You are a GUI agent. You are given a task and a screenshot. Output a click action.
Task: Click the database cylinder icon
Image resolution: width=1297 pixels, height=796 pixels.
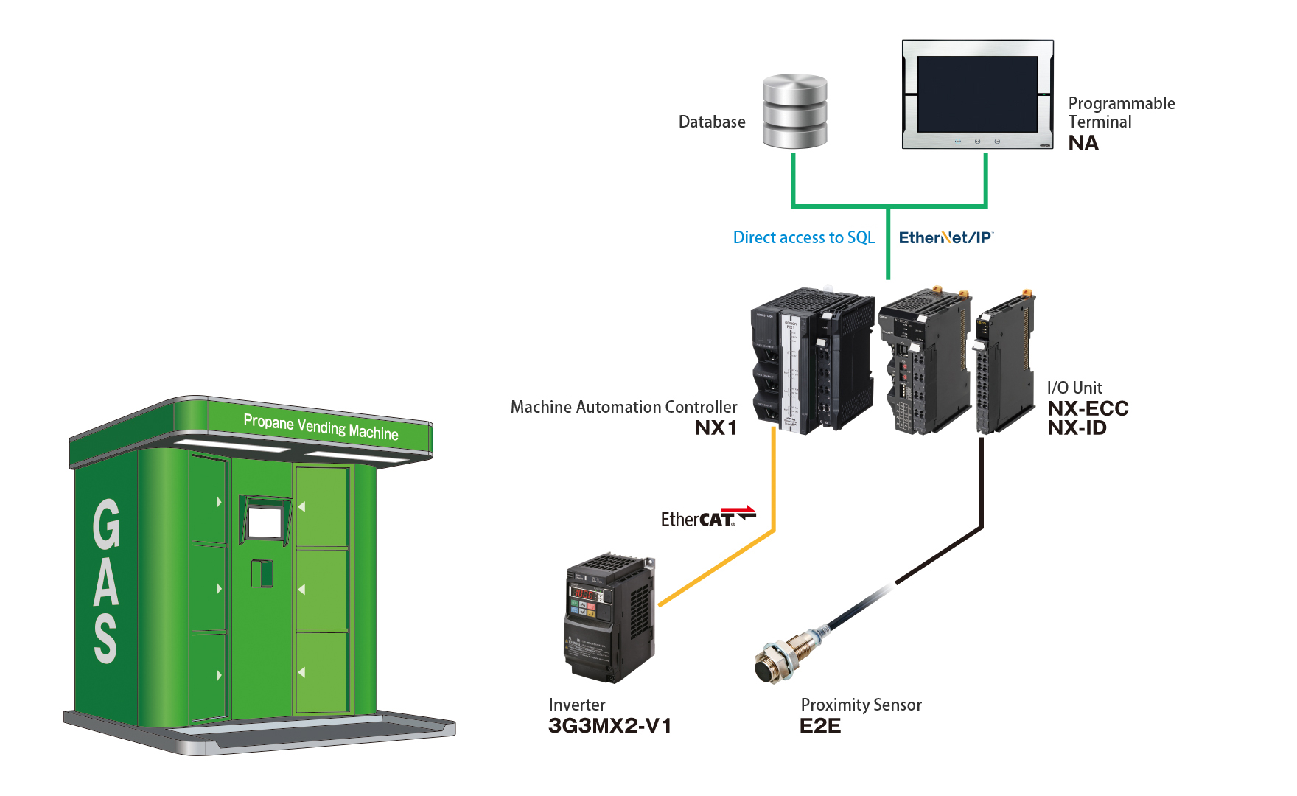(x=794, y=111)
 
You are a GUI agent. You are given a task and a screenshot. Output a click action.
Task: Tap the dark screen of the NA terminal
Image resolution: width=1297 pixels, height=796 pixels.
(x=977, y=94)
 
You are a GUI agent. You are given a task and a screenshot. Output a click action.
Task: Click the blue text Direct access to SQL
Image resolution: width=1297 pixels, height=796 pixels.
(x=803, y=237)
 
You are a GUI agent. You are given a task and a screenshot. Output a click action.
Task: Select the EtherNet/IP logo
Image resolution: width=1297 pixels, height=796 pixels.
(x=945, y=237)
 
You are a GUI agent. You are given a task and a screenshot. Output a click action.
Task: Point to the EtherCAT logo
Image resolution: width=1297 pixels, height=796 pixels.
(x=707, y=517)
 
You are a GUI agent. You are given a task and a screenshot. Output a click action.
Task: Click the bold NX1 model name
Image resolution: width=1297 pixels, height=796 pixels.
(x=716, y=428)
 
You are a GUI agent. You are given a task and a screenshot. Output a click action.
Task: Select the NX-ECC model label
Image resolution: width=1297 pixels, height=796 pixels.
(x=1088, y=408)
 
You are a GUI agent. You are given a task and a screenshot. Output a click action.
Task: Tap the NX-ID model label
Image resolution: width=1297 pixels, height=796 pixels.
(x=1077, y=428)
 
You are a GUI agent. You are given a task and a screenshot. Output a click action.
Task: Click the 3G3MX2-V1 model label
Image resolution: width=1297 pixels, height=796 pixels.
(x=609, y=726)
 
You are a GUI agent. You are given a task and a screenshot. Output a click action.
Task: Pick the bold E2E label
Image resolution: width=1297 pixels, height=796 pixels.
(x=819, y=726)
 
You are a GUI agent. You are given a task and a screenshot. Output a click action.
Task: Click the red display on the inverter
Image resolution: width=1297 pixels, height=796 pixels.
(x=585, y=594)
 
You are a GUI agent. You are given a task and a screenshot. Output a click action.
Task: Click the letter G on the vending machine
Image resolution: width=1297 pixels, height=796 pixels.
(x=107, y=524)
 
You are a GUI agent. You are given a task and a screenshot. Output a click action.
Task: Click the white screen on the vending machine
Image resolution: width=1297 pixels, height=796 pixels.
(x=265, y=523)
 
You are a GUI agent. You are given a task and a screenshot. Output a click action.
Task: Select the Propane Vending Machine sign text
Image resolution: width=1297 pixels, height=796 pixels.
(x=321, y=427)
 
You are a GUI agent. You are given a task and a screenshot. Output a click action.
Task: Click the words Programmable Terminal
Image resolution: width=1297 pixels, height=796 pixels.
(x=1120, y=113)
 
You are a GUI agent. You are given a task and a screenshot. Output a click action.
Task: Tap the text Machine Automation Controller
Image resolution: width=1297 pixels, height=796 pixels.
(x=623, y=407)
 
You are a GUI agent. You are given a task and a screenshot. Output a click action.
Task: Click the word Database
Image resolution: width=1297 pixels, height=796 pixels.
(x=711, y=122)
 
